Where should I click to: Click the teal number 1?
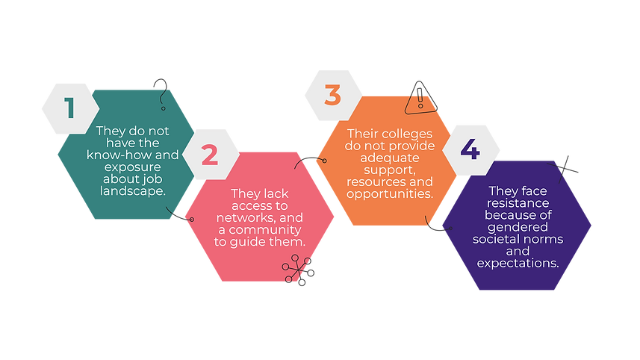pyautogui.click(x=69, y=109)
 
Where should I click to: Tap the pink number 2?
pyautogui.click(x=210, y=155)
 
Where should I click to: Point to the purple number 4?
pyautogui.click(x=470, y=149)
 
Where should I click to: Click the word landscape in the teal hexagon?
pyautogui.click(x=134, y=190)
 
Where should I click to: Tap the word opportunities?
pyautogui.click(x=390, y=193)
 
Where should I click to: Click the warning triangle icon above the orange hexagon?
pyautogui.click(x=420, y=99)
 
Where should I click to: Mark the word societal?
pyautogui.click(x=497, y=239)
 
